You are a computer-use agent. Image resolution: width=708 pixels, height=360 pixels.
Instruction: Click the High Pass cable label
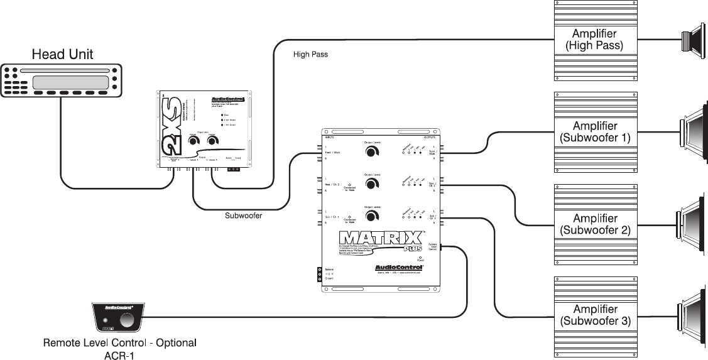[310, 55]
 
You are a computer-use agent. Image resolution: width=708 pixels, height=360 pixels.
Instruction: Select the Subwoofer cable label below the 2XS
[243, 215]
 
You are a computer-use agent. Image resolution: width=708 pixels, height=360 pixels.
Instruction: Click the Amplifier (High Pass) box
[594, 39]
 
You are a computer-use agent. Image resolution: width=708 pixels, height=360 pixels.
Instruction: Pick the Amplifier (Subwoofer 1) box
[594, 131]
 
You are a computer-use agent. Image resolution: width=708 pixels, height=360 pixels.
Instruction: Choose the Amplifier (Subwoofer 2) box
[594, 224]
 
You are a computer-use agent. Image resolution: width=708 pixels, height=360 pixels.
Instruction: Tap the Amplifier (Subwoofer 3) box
[594, 315]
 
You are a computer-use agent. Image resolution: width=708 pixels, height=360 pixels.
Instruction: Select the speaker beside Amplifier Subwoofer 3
[692, 314]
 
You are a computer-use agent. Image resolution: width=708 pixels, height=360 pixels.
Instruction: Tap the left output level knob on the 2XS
[192, 143]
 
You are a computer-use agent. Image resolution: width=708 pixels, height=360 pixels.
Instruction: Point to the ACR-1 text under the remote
[119, 356]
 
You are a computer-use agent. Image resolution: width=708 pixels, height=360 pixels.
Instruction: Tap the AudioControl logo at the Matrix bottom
[395, 266]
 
